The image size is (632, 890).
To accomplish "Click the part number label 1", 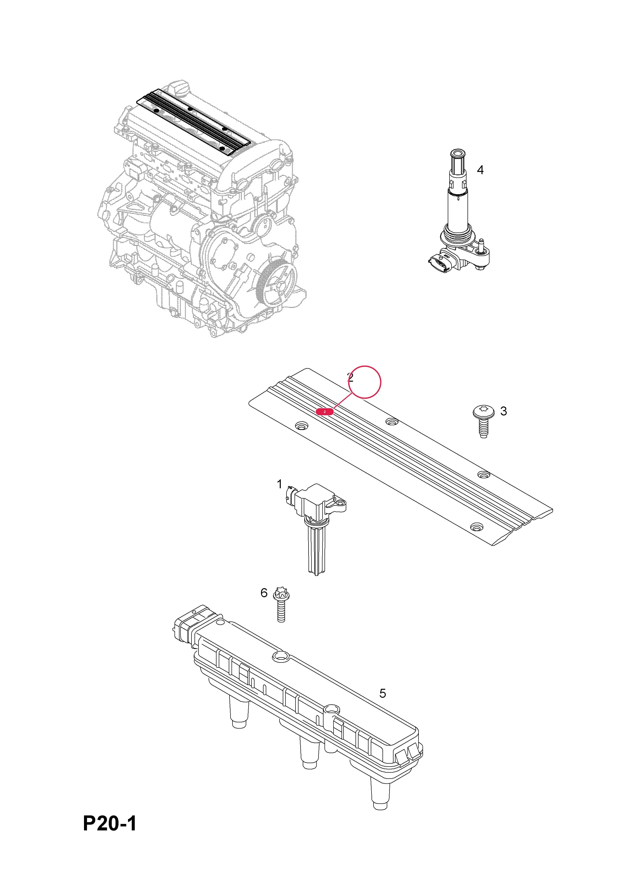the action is [x=279, y=484].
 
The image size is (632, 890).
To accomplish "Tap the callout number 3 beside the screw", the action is [x=503, y=411].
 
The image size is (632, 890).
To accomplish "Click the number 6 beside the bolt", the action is [x=264, y=593].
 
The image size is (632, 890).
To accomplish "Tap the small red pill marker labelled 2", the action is [x=324, y=412].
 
